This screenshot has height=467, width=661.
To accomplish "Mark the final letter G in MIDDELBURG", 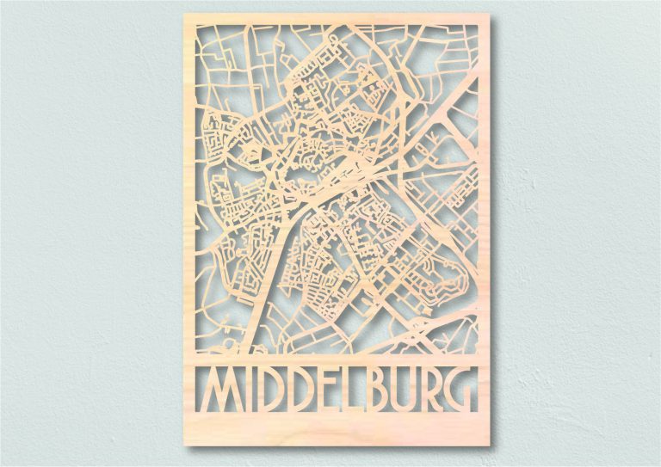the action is pos(461,390).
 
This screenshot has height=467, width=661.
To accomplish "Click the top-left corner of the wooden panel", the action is pos(185,15).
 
